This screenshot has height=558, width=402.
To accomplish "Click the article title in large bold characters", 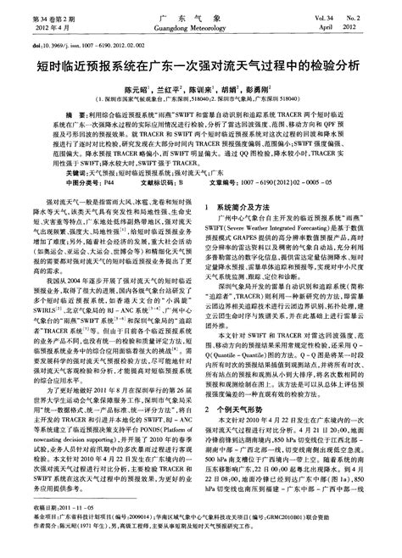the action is point(201,64).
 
